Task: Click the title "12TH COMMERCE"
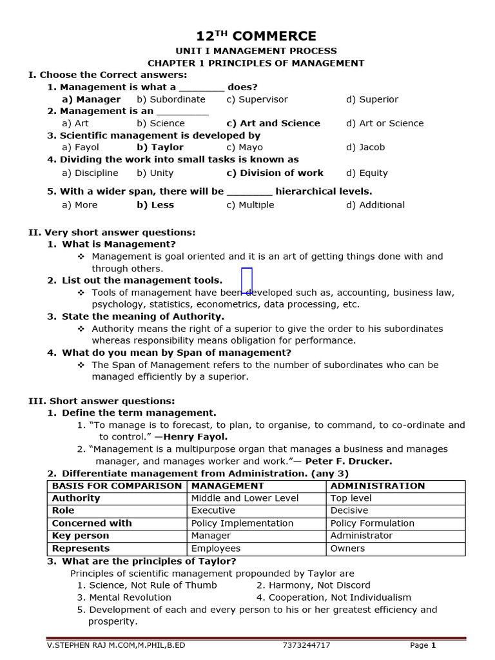pos(256,36)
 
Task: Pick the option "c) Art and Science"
pos(273,123)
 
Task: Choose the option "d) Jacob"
pos(365,147)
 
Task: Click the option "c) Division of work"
pos(275,173)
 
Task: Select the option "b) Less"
pos(155,205)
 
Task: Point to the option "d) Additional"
pos(375,205)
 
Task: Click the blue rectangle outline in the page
pos(246,280)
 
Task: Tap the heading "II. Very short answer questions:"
pos(112,232)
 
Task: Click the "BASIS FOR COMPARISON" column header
pos(117,486)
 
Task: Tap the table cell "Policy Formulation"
pos(372,523)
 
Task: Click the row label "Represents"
pos(81,548)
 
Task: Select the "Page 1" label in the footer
pos(423,645)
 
